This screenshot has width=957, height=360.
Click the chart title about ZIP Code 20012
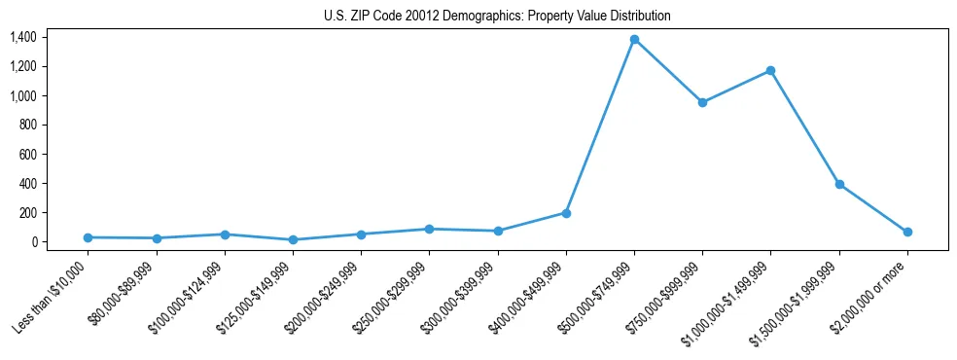tap(497, 17)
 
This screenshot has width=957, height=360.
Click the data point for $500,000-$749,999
tap(634, 40)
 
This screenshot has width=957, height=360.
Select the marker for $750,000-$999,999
tap(702, 102)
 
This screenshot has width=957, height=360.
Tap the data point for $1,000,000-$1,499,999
tap(770, 71)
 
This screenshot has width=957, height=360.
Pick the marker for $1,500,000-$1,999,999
tap(839, 184)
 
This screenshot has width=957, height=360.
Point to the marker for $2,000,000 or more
tap(907, 232)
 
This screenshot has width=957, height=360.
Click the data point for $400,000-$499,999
tap(566, 213)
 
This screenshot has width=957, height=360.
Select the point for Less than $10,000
tap(88, 237)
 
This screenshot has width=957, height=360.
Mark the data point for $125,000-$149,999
tap(293, 239)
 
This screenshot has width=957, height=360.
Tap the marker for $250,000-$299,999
tap(429, 229)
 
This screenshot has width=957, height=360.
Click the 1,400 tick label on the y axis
tap(23, 37)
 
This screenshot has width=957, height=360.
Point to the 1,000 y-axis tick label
tap(23, 95)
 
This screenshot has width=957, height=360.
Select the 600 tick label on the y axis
tap(27, 154)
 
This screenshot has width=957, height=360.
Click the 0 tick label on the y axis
tap(33, 241)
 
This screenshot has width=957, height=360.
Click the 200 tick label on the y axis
tap(27, 212)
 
